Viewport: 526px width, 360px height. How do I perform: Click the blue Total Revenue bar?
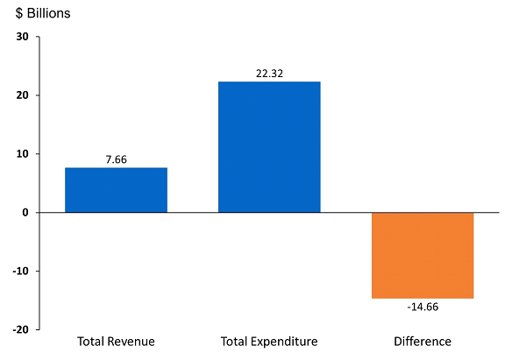pos(116,190)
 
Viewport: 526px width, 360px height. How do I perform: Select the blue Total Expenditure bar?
pos(269,147)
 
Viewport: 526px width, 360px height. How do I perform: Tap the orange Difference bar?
pos(423,255)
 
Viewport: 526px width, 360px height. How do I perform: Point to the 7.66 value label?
pos(116,160)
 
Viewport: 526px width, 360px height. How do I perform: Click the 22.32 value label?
pos(269,74)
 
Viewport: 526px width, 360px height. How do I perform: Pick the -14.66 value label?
pos(423,307)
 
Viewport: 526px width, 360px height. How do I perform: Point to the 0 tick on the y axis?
pos(25,213)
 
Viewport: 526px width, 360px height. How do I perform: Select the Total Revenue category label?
pos(116,342)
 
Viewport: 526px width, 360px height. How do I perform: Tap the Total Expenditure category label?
pos(269,342)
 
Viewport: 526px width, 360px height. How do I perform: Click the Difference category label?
pos(423,342)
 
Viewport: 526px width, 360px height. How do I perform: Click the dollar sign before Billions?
pos(19,14)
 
